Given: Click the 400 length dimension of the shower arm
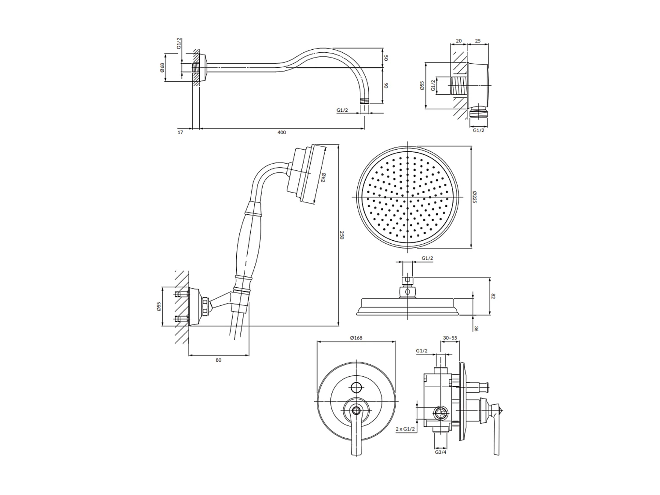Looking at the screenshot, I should pyautogui.click(x=282, y=132).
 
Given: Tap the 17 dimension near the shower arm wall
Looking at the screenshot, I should pyautogui.click(x=180, y=132).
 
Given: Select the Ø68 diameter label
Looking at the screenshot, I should pyautogui.click(x=162, y=67).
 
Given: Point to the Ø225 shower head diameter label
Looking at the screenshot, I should pyautogui.click(x=475, y=197).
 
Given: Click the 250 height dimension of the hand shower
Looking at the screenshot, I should pyautogui.click(x=342, y=235).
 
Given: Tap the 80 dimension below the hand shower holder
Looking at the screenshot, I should pyautogui.click(x=219, y=360).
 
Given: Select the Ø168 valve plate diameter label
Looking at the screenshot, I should pyautogui.click(x=356, y=337).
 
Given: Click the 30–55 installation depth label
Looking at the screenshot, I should pyautogui.click(x=450, y=337).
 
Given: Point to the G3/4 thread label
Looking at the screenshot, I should pyautogui.click(x=440, y=452).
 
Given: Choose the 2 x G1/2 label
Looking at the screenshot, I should pyautogui.click(x=405, y=428).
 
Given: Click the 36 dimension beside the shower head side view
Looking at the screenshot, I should pyautogui.click(x=476, y=328).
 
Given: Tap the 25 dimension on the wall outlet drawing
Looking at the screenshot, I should pyautogui.click(x=478, y=41).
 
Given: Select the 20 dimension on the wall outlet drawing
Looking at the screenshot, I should pyautogui.click(x=459, y=41).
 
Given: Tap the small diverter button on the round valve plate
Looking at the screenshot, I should pyautogui.click(x=356, y=388).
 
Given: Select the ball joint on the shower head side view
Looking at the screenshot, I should pyautogui.click(x=407, y=291).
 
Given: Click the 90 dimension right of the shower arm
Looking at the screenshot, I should pyautogui.click(x=386, y=85).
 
